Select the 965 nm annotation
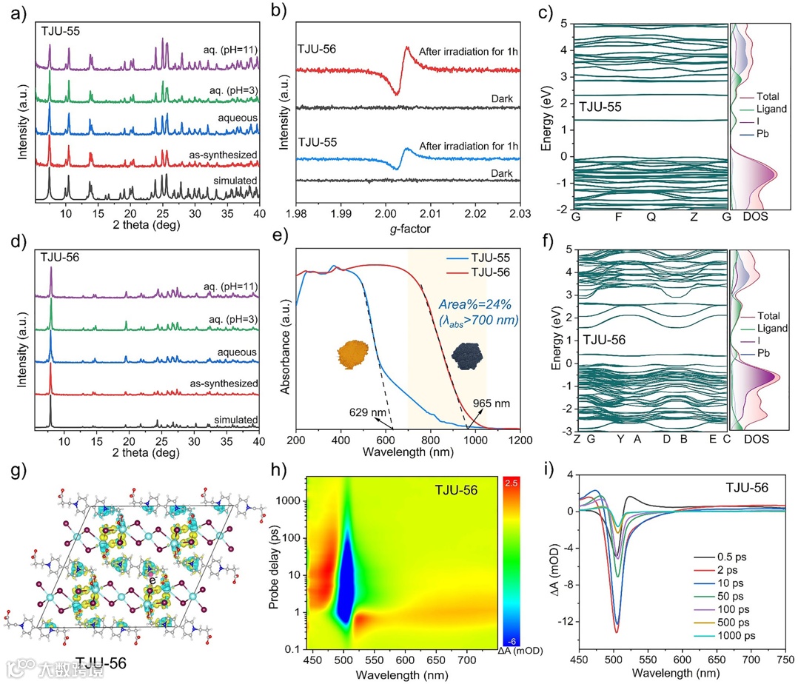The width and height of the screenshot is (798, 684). tap(493, 405)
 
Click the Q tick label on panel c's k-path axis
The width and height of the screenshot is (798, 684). tap(651, 218)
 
